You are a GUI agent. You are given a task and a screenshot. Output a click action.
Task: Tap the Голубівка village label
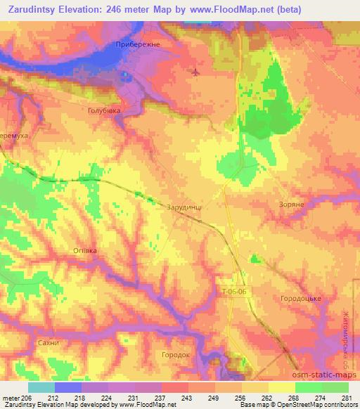(104, 110)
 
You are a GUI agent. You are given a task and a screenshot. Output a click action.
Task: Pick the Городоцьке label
(301, 299)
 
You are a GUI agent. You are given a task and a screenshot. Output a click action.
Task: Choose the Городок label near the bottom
(176, 355)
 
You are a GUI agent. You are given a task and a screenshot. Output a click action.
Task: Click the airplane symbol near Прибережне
(195, 72)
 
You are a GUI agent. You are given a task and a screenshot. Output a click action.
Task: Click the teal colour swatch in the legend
(41, 387)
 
